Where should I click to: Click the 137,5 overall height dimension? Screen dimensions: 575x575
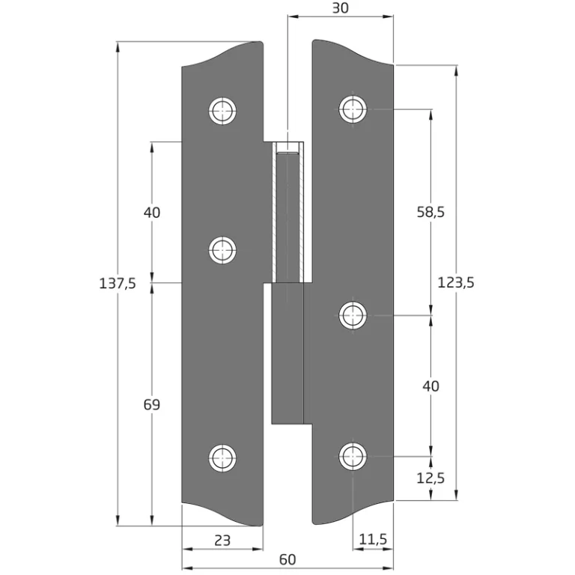coord(118,284)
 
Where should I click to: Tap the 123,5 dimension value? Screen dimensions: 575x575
coord(456,283)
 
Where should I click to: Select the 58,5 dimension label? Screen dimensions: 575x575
coord(431,212)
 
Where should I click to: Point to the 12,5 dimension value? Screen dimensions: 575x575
coord(431,478)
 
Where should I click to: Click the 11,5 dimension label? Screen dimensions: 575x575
coord(373,539)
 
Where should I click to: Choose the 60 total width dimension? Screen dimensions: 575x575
coord(287,559)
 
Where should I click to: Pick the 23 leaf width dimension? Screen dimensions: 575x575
coord(222,540)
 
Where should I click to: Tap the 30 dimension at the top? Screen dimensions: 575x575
coord(341,8)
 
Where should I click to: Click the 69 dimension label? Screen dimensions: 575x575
coord(152,404)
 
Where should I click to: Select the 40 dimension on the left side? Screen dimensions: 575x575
coord(152,213)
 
